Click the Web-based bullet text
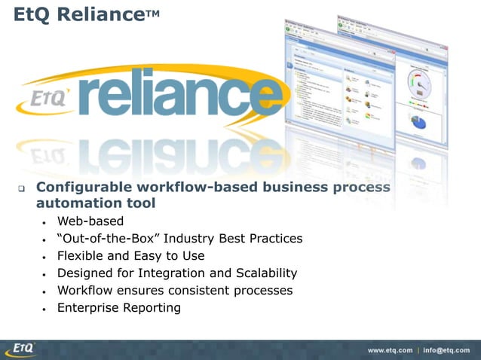[90, 221]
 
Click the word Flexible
[81, 256]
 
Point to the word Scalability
[260, 273]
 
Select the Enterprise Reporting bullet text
[119, 308]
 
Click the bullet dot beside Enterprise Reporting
[45, 309]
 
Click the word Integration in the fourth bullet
[190, 273]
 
